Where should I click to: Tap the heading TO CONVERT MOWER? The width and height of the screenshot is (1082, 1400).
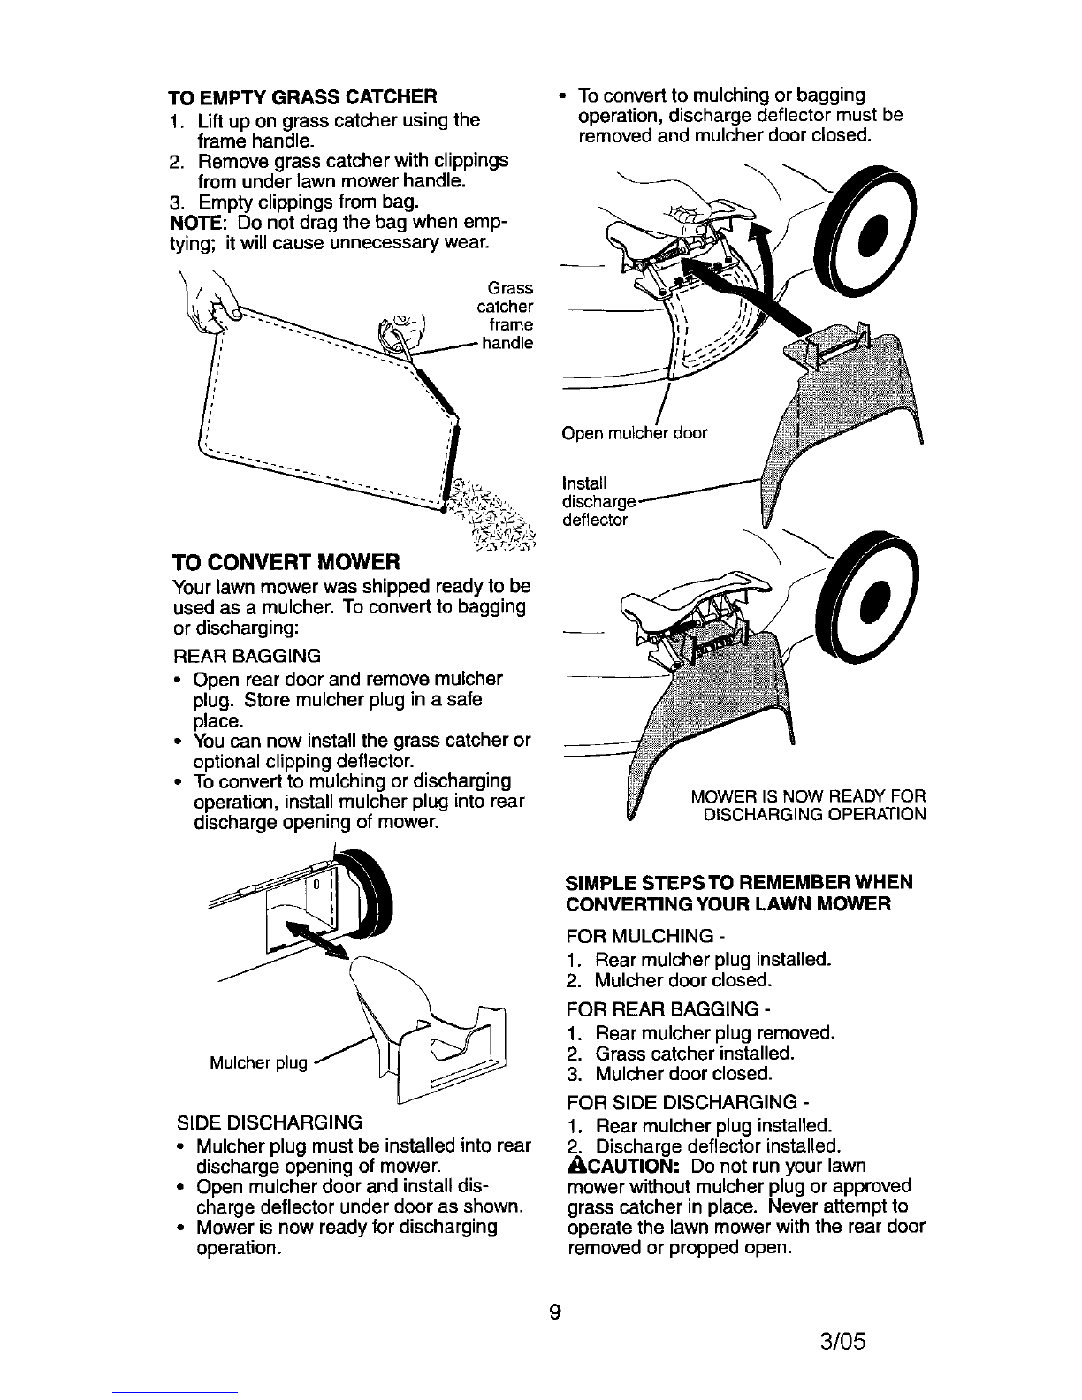pos(287,561)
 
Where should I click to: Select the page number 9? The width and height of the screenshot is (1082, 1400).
pos(553,1311)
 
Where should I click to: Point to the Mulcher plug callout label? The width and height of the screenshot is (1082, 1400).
pos(257,1062)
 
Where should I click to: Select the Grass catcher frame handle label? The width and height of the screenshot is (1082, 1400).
pos(505,316)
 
